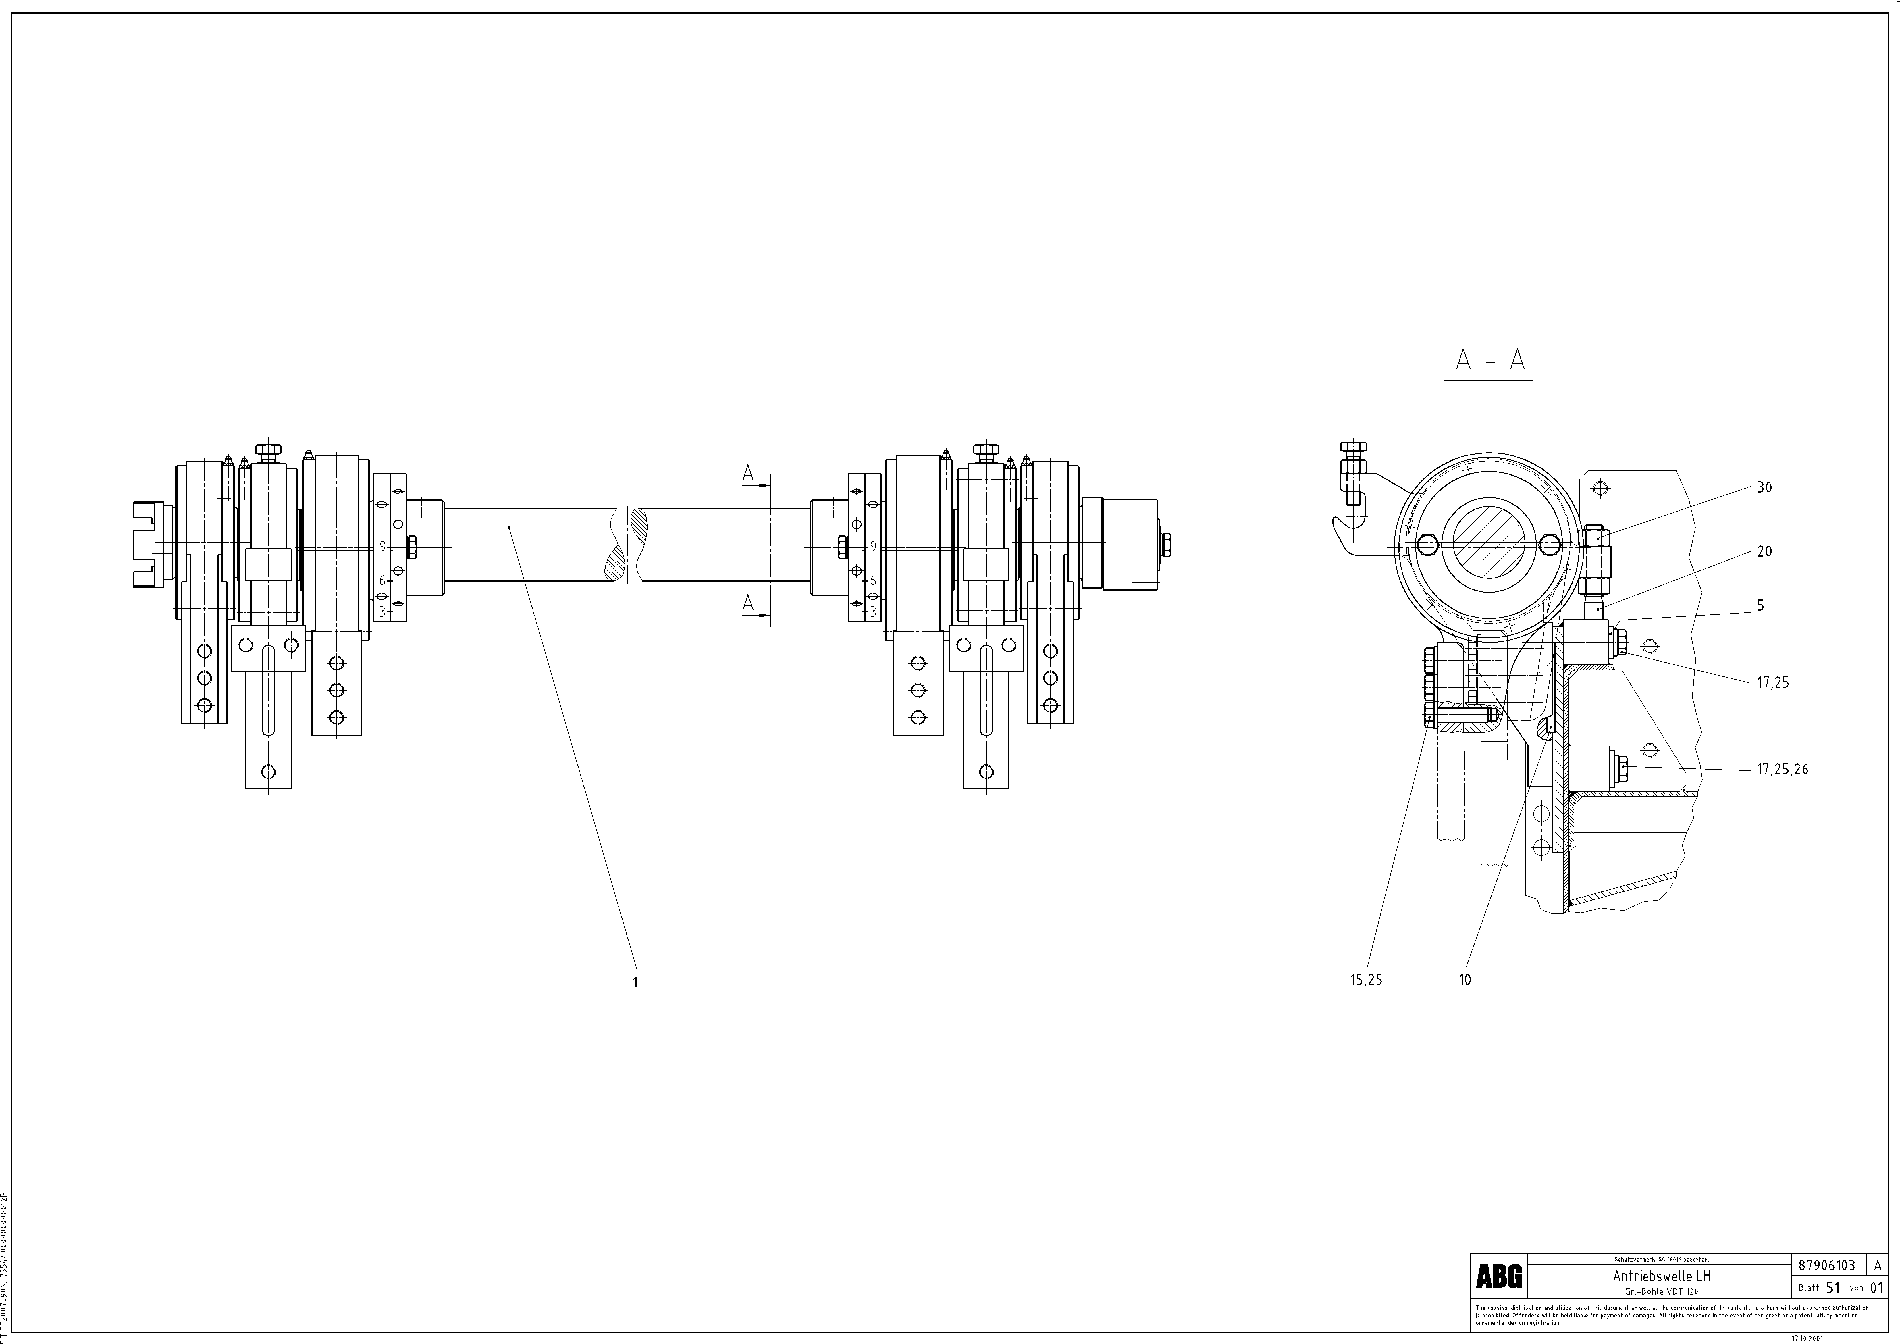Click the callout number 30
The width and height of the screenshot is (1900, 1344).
coord(1764,487)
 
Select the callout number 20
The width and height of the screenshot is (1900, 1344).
coord(1764,551)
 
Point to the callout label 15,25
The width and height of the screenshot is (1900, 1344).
coord(1365,980)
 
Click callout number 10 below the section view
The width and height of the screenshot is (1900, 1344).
coord(1465,980)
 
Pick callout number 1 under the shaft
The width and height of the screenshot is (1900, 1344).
coord(635,982)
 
